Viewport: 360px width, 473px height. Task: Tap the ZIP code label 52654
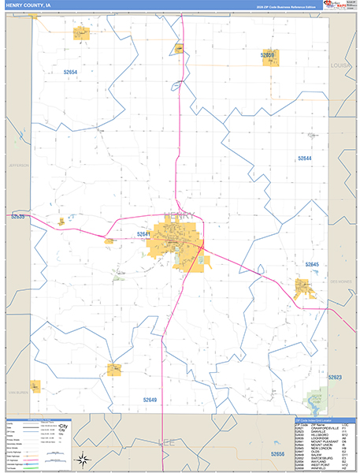tap(71, 72)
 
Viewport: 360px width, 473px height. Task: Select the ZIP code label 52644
tap(305, 158)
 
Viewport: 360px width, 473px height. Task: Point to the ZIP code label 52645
tap(312, 264)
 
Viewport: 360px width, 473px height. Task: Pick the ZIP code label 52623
tap(336, 377)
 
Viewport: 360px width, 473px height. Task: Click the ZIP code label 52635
tap(18, 216)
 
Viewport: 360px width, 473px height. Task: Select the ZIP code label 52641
tap(143, 234)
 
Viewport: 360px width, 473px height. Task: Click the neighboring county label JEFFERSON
tap(17, 166)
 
